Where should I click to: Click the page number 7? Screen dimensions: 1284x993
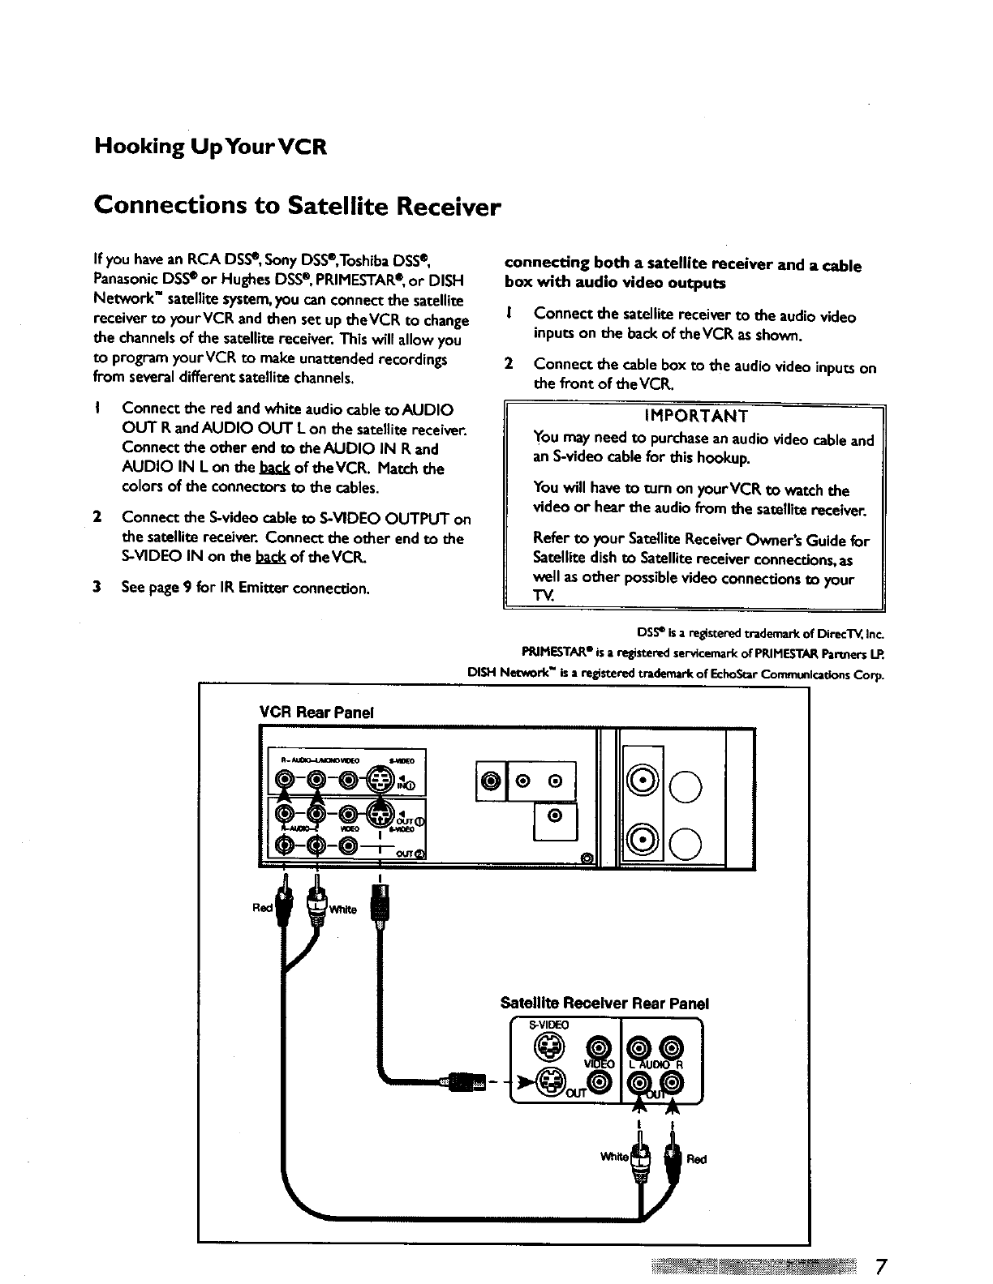881,1265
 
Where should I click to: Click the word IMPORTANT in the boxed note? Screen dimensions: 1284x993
695,417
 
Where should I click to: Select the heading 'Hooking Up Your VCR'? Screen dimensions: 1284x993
210,148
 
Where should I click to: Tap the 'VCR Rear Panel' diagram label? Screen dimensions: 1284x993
316,712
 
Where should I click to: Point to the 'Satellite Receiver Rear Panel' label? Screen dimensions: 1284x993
604,1003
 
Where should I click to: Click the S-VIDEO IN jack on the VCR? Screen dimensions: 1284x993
380,781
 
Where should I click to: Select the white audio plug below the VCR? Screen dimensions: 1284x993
316,905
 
